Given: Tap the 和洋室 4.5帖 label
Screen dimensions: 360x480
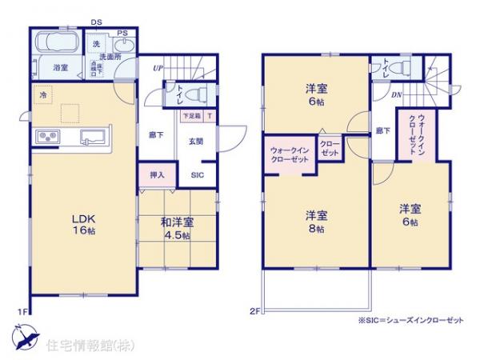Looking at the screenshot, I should pyautogui.click(x=175, y=229).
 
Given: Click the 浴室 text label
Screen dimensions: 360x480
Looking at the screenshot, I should pyautogui.click(x=60, y=68).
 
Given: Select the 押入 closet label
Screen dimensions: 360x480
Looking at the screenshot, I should pyautogui.click(x=157, y=174).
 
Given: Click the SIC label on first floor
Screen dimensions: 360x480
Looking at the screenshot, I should pyautogui.click(x=196, y=174).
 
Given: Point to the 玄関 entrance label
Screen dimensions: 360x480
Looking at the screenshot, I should pyautogui.click(x=195, y=141).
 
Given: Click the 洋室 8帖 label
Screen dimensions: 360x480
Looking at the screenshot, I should pyautogui.click(x=316, y=222).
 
